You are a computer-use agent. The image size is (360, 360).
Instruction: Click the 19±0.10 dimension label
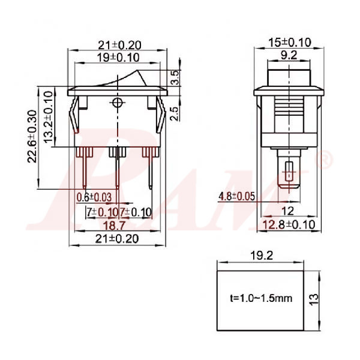pyautogui.click(x=118, y=58)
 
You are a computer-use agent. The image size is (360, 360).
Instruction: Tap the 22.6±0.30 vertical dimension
pyautogui.click(x=34, y=135)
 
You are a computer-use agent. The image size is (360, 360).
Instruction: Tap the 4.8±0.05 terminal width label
pyautogui.click(x=237, y=196)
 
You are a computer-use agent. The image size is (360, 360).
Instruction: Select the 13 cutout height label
pyautogui.click(x=326, y=298)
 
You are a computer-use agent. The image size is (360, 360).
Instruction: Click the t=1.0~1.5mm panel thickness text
pyautogui.click(x=261, y=298)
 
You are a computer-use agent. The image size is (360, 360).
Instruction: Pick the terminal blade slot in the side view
pyautogui.click(x=289, y=173)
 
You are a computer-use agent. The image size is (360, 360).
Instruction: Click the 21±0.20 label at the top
pyautogui.click(x=118, y=44)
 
